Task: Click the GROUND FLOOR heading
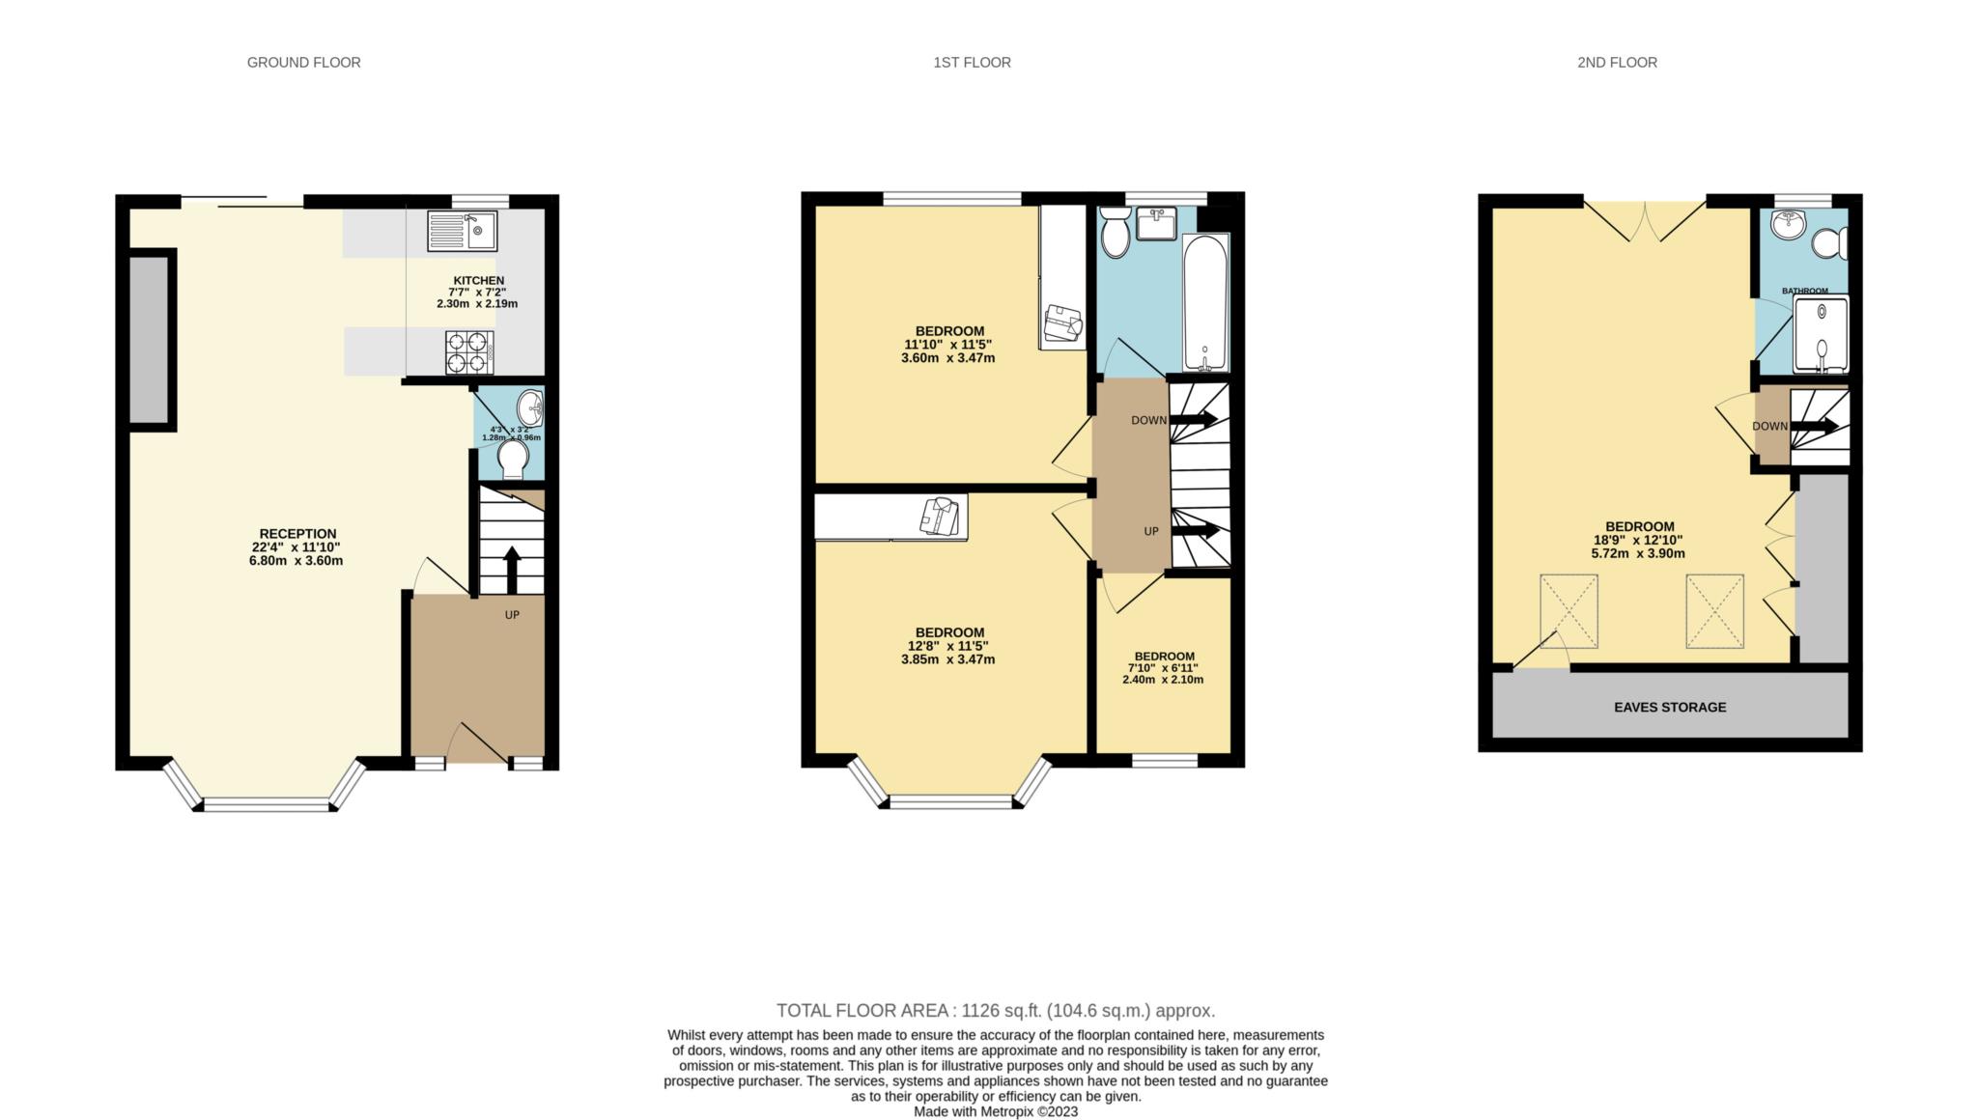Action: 303,63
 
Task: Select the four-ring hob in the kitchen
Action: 468,351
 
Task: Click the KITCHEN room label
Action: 478,281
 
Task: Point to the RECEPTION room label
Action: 297,534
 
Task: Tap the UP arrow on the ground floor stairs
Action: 511,569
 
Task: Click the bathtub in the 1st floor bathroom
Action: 1205,301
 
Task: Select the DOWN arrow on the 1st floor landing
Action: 1194,420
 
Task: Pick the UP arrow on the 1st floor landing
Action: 1194,530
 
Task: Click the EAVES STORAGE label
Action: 1670,708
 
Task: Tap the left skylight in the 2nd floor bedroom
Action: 1568,611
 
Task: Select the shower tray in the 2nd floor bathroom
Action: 1821,334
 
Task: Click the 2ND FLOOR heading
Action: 1617,63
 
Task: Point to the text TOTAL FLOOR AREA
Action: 865,1011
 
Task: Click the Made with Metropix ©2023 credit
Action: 996,1111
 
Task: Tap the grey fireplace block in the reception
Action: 152,338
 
